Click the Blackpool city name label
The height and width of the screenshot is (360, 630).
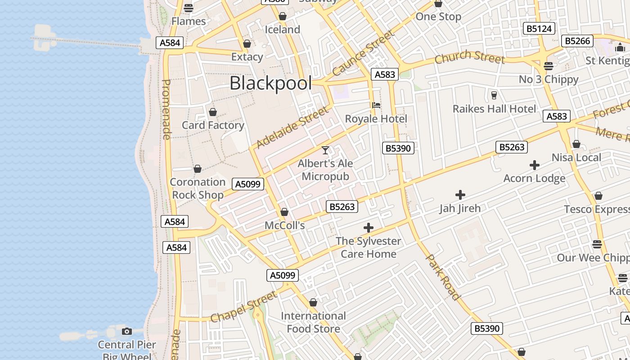270,83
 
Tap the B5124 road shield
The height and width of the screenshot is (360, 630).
539,29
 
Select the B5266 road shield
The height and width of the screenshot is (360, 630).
577,41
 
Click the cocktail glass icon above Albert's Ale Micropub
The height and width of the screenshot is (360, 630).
325,150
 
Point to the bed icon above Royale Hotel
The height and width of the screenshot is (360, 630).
376,105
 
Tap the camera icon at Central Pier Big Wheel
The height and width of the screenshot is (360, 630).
127,332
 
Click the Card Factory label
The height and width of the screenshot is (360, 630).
213,125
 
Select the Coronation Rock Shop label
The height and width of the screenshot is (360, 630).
198,189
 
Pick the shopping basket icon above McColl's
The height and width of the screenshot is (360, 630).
284,212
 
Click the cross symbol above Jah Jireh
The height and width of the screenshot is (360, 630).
460,195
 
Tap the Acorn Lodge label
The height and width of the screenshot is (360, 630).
534,178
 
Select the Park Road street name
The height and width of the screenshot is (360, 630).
443,277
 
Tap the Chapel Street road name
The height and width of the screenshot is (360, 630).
243,306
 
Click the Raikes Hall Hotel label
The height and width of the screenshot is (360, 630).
494,109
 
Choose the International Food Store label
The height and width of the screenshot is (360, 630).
313,322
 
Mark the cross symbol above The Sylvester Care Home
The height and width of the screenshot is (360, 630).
369,228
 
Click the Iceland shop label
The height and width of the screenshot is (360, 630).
282,30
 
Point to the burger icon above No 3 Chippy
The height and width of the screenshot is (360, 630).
548,66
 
